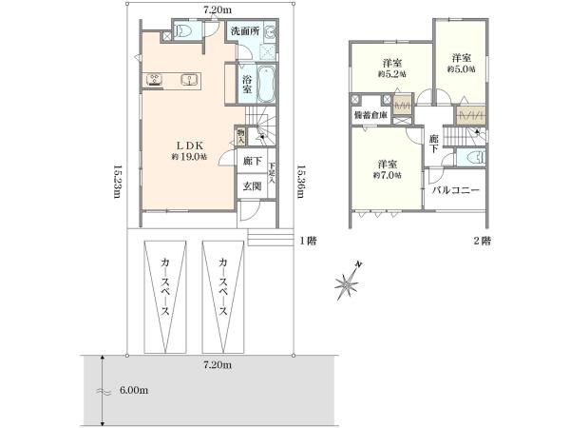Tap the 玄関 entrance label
pos(253,185)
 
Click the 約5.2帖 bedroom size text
pos(390,73)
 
